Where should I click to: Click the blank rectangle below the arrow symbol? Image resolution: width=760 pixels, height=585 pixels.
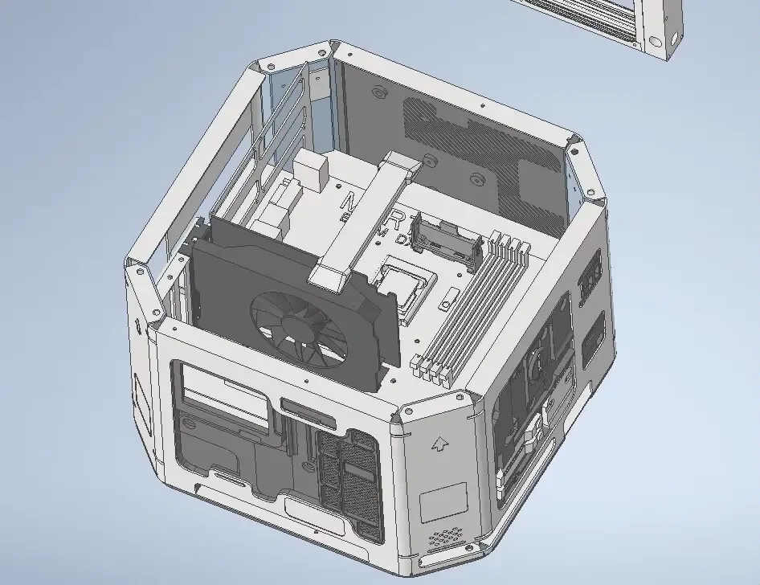443,501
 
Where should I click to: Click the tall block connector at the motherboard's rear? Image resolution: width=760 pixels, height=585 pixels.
310,170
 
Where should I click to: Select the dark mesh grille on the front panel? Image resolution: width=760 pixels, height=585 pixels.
346,478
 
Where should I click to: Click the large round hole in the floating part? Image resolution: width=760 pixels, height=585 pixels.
656,40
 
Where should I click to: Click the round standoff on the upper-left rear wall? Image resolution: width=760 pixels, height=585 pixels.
377,92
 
